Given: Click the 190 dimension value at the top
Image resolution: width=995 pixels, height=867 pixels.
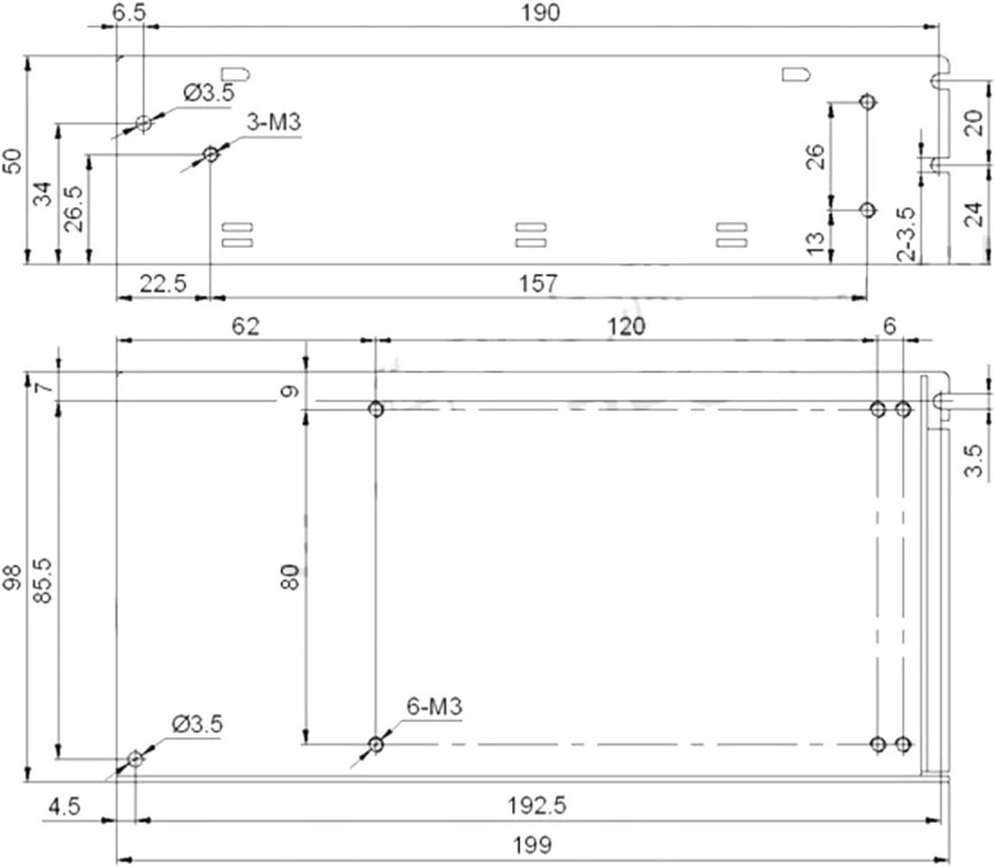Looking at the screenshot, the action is click(540, 13).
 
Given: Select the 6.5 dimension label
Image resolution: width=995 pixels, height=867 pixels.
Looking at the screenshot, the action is click(129, 12).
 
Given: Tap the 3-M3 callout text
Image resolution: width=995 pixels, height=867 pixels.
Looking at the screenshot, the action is click(273, 122).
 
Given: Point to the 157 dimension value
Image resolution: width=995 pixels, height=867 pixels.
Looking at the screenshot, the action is click(538, 283).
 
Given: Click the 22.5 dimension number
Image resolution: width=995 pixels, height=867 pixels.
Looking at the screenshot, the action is click(162, 283).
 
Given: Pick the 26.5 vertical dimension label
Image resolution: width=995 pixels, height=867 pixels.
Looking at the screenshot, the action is click(74, 208).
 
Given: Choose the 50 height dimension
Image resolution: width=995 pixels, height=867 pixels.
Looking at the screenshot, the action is click(12, 161).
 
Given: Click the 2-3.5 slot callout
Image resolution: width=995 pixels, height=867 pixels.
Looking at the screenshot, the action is click(907, 234).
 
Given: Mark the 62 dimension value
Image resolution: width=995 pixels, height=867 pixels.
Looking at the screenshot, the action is click(244, 326).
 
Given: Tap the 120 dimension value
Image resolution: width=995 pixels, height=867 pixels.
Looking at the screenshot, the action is click(626, 326).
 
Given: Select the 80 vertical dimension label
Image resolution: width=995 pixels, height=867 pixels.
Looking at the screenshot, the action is click(290, 577).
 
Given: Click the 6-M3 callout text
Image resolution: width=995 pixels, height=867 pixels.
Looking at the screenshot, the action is click(434, 707).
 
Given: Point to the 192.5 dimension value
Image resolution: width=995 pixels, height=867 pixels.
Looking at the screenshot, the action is click(537, 805).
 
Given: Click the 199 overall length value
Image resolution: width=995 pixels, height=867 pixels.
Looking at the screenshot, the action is click(532, 844).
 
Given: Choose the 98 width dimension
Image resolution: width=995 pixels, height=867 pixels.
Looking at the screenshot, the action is click(12, 577).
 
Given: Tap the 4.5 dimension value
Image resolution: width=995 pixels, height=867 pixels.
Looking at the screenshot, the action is click(64, 807).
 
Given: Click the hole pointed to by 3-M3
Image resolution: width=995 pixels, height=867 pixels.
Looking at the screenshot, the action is click(211, 154).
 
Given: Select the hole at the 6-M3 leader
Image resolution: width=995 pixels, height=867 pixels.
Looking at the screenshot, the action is click(375, 744).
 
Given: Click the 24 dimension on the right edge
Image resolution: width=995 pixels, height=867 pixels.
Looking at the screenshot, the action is click(973, 214).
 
